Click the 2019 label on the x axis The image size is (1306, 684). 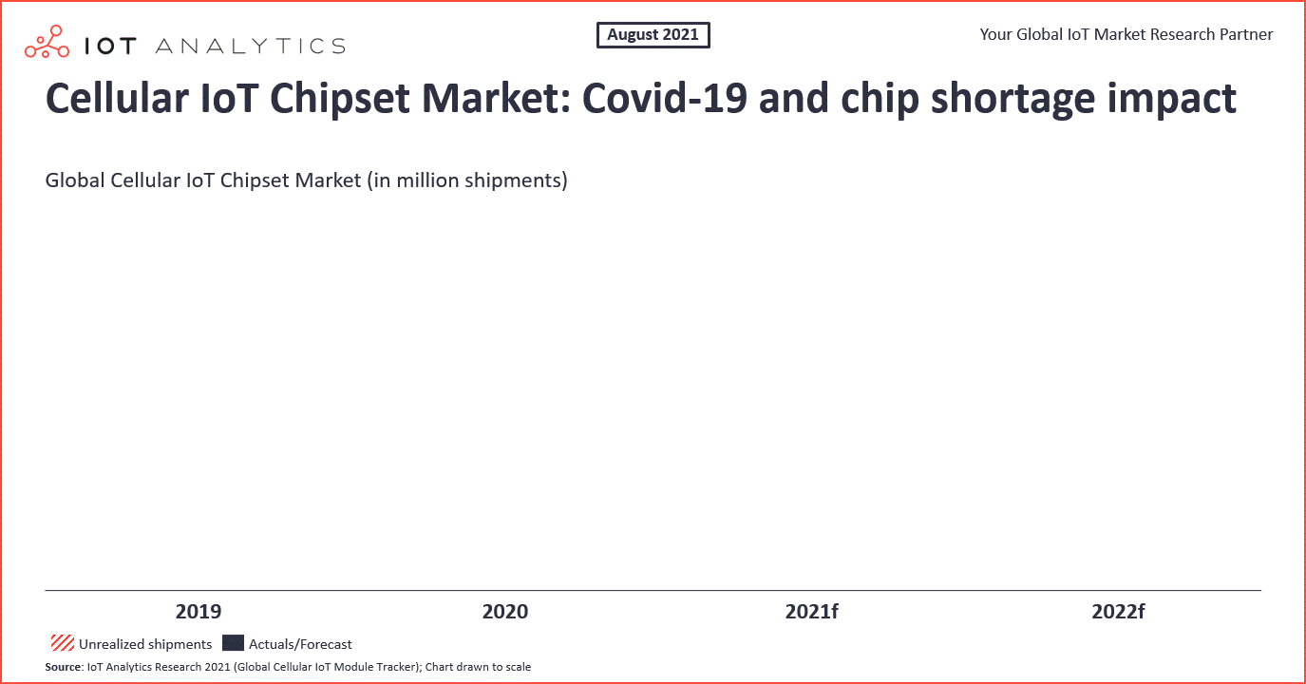point(199,611)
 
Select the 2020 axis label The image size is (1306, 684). point(505,611)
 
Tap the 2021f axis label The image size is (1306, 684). point(811,611)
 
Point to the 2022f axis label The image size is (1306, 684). point(1118,611)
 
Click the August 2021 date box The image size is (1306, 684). point(653,35)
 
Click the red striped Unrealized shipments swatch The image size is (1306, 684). point(63,643)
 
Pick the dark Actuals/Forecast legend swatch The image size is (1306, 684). point(234,643)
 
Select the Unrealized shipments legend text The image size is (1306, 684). point(145,644)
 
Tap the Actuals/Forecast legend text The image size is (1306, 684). point(300,644)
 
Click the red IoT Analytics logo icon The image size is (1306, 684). point(47,42)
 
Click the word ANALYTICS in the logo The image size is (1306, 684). point(251,46)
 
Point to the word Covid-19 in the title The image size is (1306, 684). point(665,98)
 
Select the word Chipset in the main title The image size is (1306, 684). point(340,99)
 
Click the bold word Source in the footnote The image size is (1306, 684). point(63,667)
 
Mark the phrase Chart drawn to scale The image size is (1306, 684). point(478,667)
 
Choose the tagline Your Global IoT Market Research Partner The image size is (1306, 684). point(1126,34)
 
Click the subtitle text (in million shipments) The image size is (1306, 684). point(467,180)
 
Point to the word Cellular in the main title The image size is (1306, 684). point(117,98)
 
